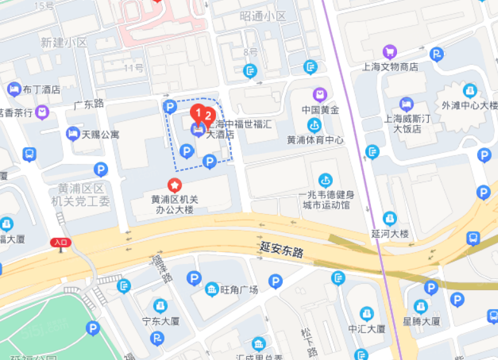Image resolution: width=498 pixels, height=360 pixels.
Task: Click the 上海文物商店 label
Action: (390, 67)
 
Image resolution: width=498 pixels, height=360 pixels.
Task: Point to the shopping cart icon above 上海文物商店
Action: (390, 51)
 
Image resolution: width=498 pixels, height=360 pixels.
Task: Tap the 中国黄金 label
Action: (321, 110)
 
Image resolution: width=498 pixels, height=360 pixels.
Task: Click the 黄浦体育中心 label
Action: (315, 140)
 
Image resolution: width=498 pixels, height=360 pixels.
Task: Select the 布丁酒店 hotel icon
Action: (13, 89)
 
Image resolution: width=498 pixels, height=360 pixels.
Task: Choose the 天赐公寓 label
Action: (100, 134)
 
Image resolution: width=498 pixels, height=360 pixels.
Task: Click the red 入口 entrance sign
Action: (61, 242)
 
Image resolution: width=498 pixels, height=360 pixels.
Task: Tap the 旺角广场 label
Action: (239, 290)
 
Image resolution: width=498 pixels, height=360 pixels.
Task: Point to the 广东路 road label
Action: (89, 103)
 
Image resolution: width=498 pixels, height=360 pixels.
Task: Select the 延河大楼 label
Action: (390, 234)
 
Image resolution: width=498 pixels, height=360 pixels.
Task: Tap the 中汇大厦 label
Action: (367, 329)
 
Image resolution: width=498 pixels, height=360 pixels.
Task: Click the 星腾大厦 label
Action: (421, 321)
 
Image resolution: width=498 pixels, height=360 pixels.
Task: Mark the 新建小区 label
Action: (63, 43)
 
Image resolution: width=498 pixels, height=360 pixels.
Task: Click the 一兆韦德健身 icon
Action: (326, 180)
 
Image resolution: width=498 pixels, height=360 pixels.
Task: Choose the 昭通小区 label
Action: (263, 16)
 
